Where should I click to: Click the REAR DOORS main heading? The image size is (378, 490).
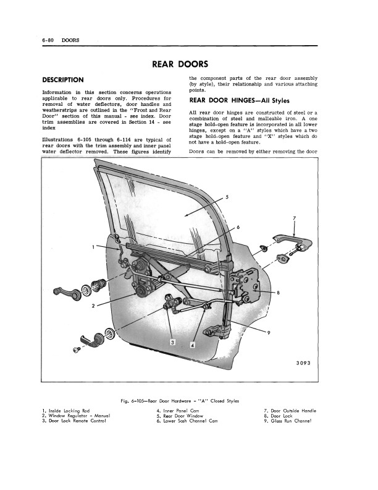(180, 64)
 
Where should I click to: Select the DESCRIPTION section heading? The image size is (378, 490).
(63, 80)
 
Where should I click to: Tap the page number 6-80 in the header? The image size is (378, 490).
(48, 40)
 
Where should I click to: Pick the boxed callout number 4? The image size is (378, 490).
(193, 345)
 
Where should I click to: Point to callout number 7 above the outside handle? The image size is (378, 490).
(295, 218)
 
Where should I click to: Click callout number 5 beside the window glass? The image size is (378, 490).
(227, 197)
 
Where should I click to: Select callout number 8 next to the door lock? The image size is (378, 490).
(278, 293)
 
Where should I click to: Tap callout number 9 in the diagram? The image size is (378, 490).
(269, 332)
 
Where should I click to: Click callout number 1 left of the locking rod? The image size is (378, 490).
(93, 247)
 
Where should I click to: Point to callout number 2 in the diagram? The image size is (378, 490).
(93, 306)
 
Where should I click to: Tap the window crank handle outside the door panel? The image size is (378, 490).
(67, 293)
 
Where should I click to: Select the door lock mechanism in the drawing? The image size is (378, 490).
(246, 285)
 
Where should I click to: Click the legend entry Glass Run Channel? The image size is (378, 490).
(288, 421)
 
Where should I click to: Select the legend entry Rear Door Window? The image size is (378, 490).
(180, 416)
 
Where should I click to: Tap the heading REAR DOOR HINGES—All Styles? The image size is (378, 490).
(239, 101)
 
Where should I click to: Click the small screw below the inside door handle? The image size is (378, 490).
(77, 350)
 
